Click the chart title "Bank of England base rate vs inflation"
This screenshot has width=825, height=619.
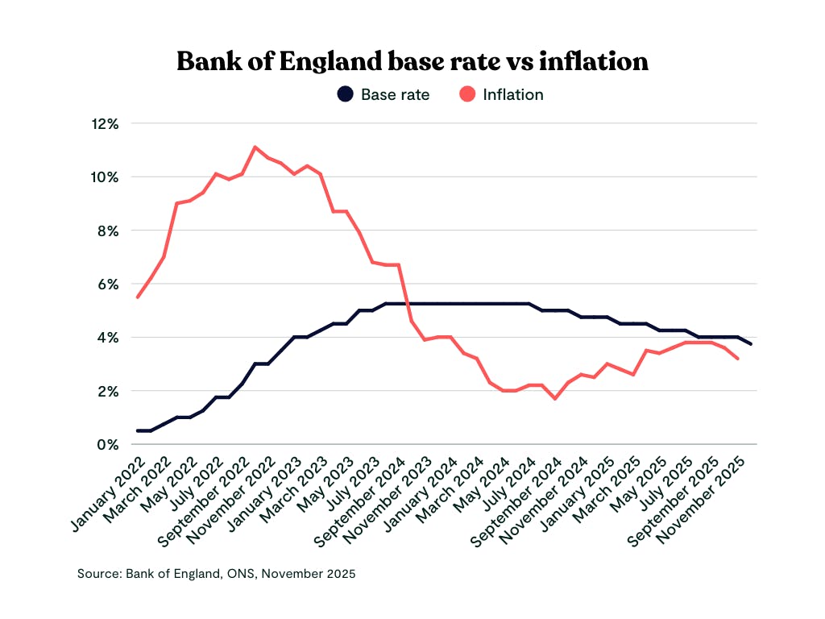412,60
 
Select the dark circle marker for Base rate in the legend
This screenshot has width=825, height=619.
345,94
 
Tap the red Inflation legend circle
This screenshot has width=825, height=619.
467,94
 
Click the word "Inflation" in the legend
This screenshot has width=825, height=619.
513,94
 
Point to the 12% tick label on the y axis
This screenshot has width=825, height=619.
105,123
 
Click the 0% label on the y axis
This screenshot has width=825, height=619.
109,444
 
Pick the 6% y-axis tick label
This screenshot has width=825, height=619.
109,284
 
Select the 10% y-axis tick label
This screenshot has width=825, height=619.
105,177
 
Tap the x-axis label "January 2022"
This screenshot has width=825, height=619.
108,494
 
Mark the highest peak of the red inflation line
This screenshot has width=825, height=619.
255,147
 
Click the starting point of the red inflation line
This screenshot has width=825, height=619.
138,297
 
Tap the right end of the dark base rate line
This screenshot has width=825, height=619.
752,344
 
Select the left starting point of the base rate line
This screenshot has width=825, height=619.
138,430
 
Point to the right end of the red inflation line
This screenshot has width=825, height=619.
739,359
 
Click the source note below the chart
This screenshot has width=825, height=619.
216,574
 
